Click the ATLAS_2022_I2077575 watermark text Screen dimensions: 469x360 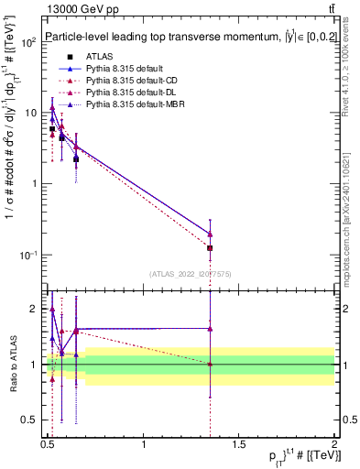click(191, 273)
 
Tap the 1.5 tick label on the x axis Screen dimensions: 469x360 click(239, 445)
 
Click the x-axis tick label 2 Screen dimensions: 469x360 click(333, 445)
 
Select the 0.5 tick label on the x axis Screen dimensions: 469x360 click(48, 445)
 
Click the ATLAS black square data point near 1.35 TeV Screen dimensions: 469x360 click(210, 248)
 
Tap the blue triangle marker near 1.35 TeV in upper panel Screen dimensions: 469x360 click(210, 233)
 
